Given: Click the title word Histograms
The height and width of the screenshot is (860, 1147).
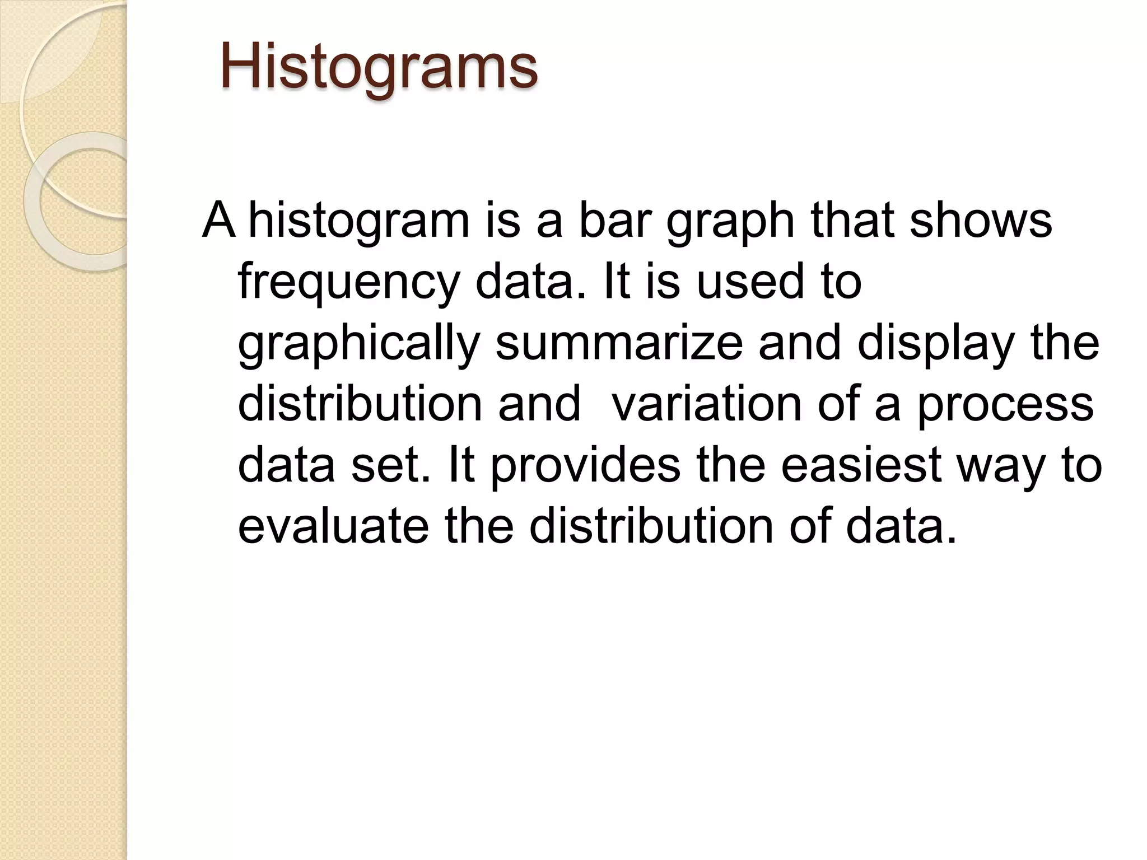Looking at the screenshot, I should click(x=379, y=68).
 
